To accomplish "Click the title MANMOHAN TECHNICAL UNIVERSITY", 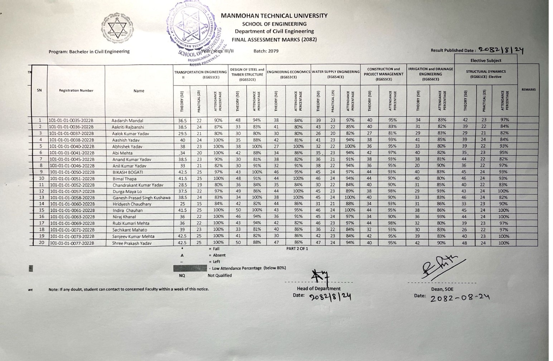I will tap(274, 16).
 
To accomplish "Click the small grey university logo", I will tap(116, 27).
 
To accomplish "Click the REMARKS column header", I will tap(528, 89).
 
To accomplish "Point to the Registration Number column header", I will tap(76, 91).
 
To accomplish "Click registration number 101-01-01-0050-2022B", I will tap(72, 172).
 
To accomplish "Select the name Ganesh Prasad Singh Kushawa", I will tap(141, 198).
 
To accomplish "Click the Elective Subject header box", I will tap(486, 60).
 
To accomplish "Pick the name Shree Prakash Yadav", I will tap(132, 243).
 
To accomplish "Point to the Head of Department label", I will tap(319, 288).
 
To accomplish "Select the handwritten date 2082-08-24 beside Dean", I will tap(460, 297).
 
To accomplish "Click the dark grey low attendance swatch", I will tap(190, 268).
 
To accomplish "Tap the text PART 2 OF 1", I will tap(297, 249).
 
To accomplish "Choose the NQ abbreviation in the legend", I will tap(182, 275).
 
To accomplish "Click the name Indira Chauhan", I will tap(127, 211).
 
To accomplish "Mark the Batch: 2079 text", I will tap(266, 51).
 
